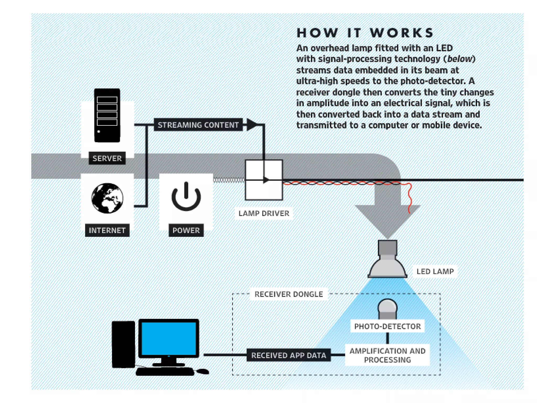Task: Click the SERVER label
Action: [x=107, y=158]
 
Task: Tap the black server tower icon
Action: [x=107, y=115]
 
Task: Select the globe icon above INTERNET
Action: [x=107, y=198]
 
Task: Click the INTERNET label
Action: [x=107, y=230]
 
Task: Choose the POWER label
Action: [x=186, y=230]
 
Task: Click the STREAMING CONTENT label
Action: [x=198, y=125]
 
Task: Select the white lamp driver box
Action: [x=264, y=180]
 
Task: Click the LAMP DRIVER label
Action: [x=264, y=213]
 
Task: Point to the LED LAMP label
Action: [x=435, y=271]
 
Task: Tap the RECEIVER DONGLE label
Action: [x=289, y=294]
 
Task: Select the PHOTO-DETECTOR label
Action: [x=387, y=326]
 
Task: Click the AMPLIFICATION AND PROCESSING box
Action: [x=387, y=355]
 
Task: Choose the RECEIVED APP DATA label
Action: [x=288, y=355]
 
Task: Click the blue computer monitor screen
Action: [x=169, y=338]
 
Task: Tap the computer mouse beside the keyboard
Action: [x=203, y=371]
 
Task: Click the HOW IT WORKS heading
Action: [x=365, y=33]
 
